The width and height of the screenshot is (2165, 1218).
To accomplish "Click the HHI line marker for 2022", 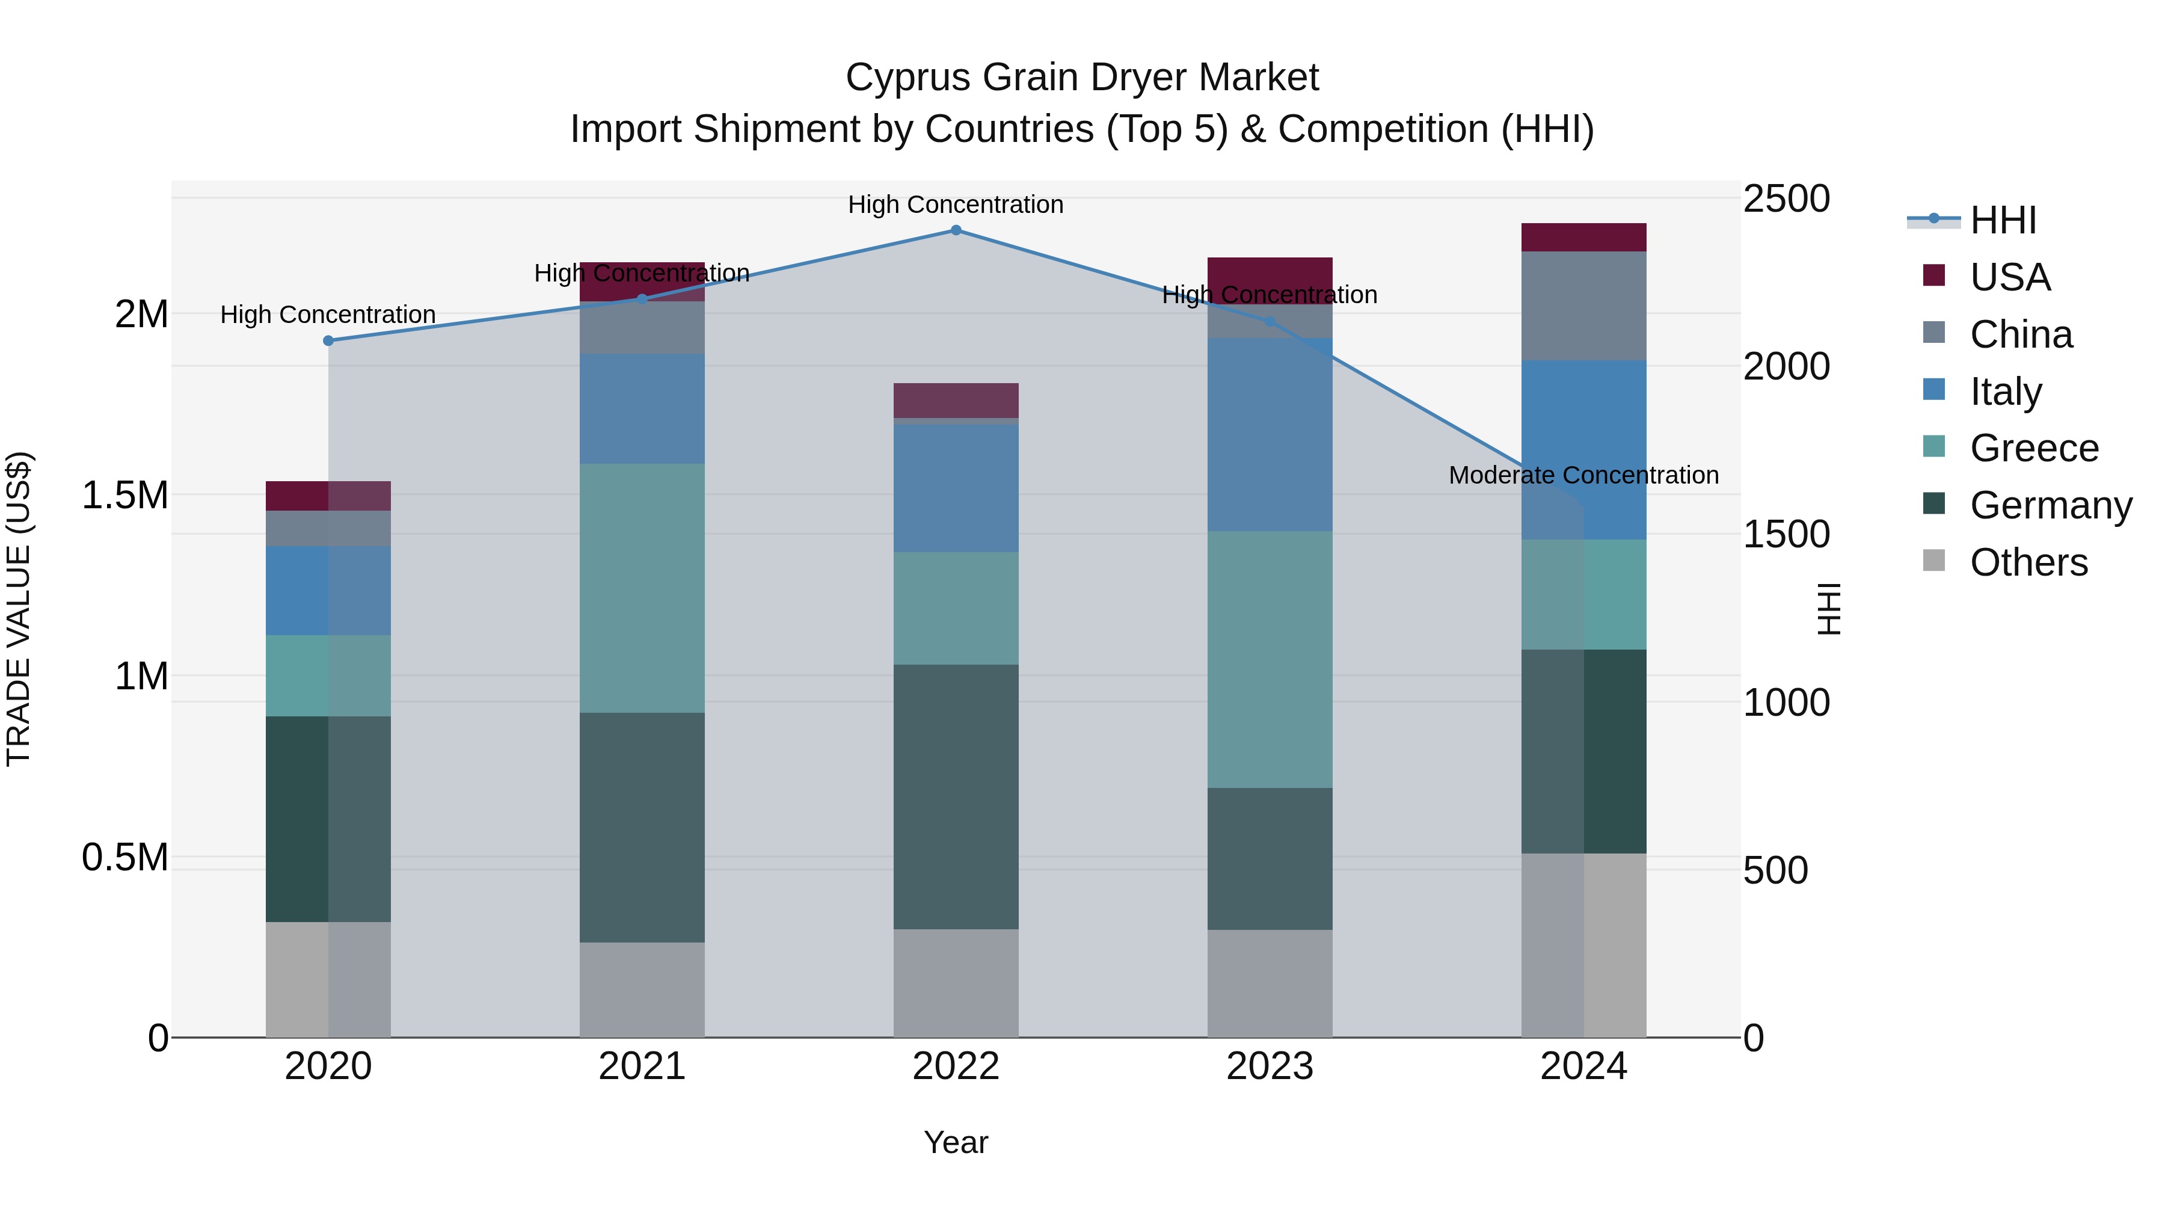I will [956, 230].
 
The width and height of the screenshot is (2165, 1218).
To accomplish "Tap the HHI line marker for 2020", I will [328, 340].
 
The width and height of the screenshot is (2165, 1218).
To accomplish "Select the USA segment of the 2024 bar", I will [1583, 237].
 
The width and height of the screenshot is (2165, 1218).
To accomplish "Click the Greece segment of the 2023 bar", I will [1269, 659].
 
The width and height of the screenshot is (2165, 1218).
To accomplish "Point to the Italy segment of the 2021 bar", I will [642, 408].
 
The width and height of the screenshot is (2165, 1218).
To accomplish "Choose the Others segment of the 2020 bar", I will [328, 979].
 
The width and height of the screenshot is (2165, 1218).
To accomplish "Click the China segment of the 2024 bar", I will [1583, 306].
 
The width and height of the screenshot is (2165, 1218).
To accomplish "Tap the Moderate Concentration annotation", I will [1583, 475].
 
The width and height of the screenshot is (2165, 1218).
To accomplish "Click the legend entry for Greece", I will [2033, 448].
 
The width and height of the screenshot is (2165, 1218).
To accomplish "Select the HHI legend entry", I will [2002, 220].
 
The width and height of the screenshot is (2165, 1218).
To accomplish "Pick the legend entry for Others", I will [2027, 562].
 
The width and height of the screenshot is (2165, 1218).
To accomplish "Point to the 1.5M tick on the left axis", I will [124, 495].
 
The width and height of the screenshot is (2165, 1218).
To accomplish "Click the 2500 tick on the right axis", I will [1786, 199].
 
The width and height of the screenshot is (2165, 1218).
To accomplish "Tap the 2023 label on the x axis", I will [1269, 1066].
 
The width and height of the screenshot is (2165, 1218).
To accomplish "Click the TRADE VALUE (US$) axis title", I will [19, 609].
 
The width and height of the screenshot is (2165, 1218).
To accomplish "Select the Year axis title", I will [956, 1142].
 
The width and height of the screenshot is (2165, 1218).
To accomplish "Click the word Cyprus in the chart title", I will [909, 78].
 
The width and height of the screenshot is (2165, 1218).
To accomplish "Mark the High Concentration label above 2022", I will [956, 205].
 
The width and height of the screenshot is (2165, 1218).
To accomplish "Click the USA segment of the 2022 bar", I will [956, 400].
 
